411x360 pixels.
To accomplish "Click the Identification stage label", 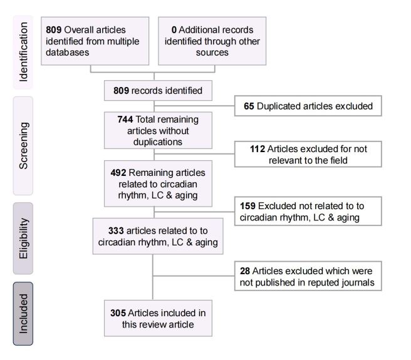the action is pos(23,52).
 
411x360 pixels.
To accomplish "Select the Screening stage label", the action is pos(23,146).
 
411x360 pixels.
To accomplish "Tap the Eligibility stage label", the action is pos(23,239).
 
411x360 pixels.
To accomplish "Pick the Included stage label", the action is pos(23,314).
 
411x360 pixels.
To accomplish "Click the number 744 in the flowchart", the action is pos(125,120).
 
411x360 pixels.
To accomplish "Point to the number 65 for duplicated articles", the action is pos(249,106).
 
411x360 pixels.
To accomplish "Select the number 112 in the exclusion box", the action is pos(258,149).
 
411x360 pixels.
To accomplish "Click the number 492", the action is pos(118,173).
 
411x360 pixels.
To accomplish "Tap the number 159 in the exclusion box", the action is pos(247,206).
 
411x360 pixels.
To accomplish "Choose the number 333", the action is pos(116,231).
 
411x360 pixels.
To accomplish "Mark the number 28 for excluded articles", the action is pos(245,271).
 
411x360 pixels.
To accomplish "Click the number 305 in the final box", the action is pos(118,313).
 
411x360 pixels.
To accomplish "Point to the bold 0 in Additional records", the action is pos(174,30).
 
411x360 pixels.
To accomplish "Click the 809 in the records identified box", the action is pos(121,91).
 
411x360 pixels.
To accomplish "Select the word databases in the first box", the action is pos(68,53).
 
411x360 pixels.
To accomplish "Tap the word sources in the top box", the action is pos(212,53).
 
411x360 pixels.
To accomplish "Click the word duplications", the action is pos(158,142).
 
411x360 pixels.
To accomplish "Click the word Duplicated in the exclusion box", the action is pos(279,106).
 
